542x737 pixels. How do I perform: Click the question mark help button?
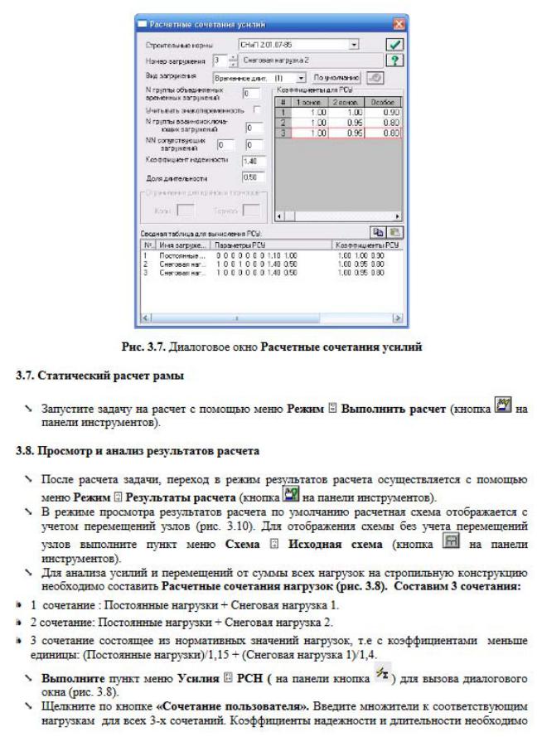click(x=395, y=61)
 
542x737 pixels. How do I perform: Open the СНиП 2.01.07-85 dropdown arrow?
click(x=355, y=44)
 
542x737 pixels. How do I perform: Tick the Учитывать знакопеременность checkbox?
click(x=258, y=109)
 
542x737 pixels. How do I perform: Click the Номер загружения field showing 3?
click(x=218, y=61)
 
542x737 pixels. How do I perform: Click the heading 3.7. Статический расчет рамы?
click(x=100, y=376)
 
